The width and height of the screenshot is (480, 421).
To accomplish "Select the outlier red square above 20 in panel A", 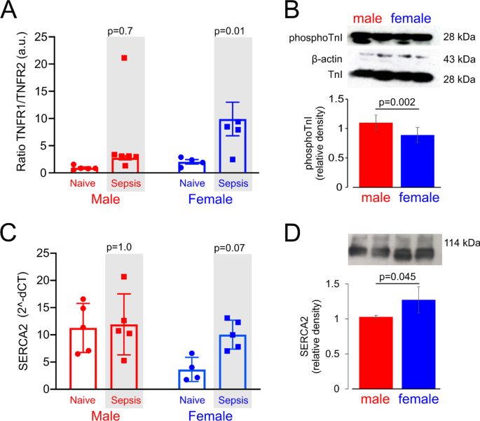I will (124, 58).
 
